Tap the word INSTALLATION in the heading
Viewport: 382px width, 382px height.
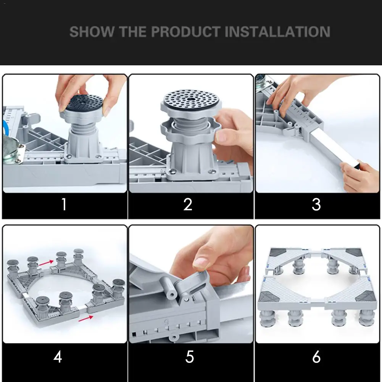277,32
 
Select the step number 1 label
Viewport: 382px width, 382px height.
64,204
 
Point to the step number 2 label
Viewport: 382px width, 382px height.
188,204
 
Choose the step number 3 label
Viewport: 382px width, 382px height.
316,204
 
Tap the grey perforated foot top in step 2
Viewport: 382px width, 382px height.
191,99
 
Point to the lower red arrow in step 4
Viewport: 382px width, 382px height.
86,319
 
